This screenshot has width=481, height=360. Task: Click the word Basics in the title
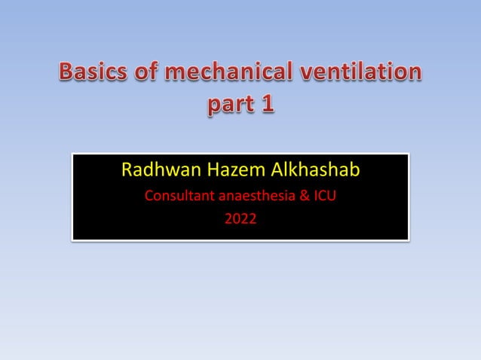click(93, 74)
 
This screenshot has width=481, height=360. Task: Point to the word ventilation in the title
click(363, 74)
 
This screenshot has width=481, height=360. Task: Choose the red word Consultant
click(179, 198)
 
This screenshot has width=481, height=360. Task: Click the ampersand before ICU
click(307, 198)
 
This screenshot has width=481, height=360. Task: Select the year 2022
click(240, 220)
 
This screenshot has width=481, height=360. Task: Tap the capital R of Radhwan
click(127, 172)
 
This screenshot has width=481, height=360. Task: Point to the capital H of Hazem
click(206, 172)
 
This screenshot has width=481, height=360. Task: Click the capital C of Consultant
click(149, 198)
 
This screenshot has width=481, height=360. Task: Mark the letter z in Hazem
click(228, 174)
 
